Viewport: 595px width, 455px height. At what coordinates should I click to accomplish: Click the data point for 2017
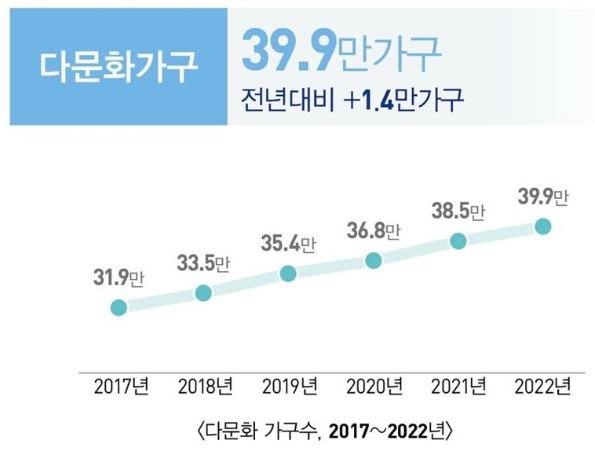pyautogui.click(x=119, y=306)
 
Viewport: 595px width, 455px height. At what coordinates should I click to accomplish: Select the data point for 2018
pyautogui.click(x=203, y=293)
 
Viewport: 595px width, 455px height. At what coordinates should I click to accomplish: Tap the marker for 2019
pyautogui.click(x=288, y=273)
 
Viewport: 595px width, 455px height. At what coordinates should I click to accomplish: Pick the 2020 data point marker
pyautogui.click(x=374, y=260)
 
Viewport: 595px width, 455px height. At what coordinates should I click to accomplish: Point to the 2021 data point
pyautogui.click(x=458, y=241)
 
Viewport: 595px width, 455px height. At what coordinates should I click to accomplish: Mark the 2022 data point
pyautogui.click(x=542, y=227)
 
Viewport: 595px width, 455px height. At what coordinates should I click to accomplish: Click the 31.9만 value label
pyautogui.click(x=119, y=277)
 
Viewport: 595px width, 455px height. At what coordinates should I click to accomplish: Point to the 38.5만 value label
pyautogui.click(x=458, y=211)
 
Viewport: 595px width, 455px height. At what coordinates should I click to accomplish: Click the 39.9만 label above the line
pyautogui.click(x=542, y=197)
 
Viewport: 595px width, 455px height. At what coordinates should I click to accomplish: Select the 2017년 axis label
pyautogui.click(x=121, y=387)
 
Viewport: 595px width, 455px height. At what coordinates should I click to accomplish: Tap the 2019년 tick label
pyautogui.click(x=290, y=387)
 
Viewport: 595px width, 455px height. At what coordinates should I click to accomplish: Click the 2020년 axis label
pyautogui.click(x=374, y=387)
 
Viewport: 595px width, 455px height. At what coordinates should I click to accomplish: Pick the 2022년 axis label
pyautogui.click(x=542, y=387)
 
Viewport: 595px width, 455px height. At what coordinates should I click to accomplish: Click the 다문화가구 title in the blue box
pyautogui.click(x=119, y=68)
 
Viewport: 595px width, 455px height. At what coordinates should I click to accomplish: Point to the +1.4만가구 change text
pyautogui.click(x=409, y=100)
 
